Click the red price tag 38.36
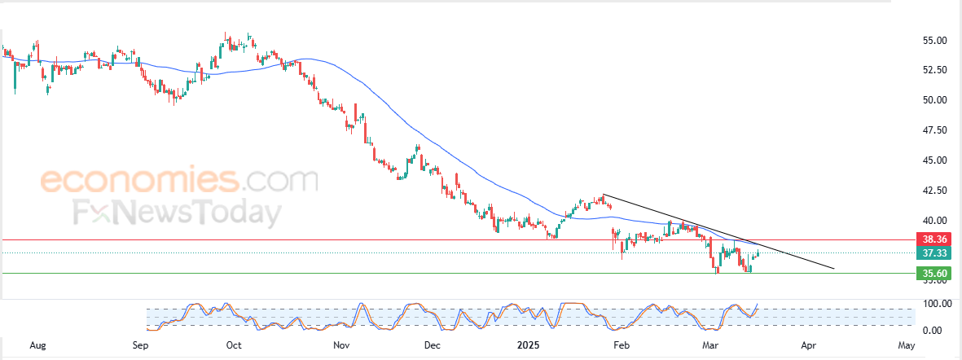point(933,240)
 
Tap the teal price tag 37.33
point(933,253)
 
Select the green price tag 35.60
point(933,273)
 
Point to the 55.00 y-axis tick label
point(933,40)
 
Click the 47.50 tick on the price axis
point(933,130)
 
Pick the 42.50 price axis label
point(933,191)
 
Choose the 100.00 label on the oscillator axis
point(933,304)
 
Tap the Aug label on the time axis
point(37,345)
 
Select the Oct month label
point(234,345)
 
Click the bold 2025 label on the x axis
point(530,345)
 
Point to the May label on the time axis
point(906,345)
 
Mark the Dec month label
point(433,345)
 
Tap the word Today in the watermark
point(232,213)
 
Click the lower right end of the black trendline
point(834,268)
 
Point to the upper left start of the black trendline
point(604,195)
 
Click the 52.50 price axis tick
point(933,70)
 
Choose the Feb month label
point(622,345)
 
